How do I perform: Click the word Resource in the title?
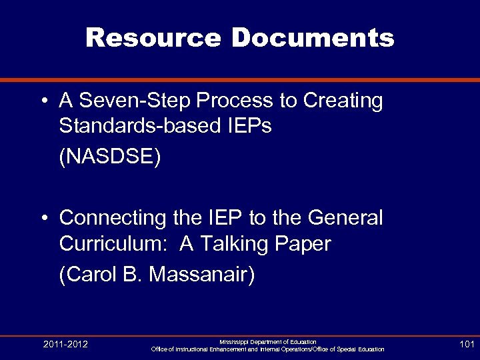coord(153,39)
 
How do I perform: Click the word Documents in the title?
coord(313,39)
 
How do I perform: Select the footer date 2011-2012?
coord(65,345)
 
